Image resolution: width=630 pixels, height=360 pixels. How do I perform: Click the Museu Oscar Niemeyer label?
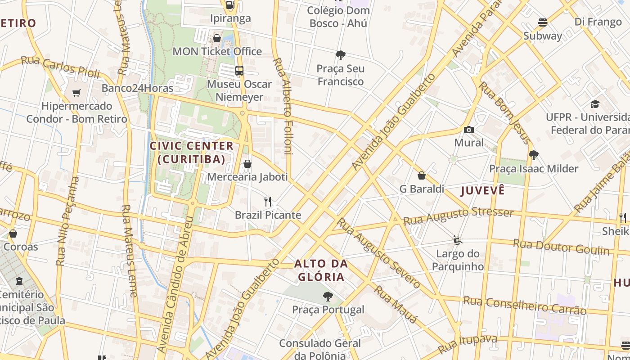(239, 90)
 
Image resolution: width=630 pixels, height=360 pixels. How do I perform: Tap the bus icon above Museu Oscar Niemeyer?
(239, 71)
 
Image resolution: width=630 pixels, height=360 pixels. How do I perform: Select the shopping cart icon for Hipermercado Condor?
(76, 93)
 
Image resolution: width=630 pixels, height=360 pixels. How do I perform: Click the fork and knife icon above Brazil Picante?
(268, 201)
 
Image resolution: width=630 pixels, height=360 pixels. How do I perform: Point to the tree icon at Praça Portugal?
(328, 297)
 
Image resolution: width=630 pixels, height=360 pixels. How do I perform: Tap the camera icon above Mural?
(469, 130)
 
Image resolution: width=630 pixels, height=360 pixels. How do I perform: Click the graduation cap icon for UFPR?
(595, 104)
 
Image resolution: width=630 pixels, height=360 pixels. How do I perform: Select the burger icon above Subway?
(543, 22)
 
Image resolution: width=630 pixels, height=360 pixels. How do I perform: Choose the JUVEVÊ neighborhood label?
(483, 190)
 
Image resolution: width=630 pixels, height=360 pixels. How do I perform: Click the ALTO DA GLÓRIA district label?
(320, 270)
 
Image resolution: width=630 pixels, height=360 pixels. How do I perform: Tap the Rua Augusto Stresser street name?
(458, 216)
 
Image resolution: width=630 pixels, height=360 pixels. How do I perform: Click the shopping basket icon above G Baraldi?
(422, 175)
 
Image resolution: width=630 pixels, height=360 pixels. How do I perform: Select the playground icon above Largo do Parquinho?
(458, 240)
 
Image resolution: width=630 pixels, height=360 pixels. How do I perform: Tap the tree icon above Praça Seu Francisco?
(341, 55)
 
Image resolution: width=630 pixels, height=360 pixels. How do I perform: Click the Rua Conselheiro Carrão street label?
(525, 305)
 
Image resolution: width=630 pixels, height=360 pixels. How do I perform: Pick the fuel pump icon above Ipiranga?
(230, 5)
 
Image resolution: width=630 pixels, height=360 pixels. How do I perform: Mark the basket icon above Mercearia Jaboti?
(247, 164)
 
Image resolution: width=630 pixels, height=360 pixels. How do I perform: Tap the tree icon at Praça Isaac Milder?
(534, 155)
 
